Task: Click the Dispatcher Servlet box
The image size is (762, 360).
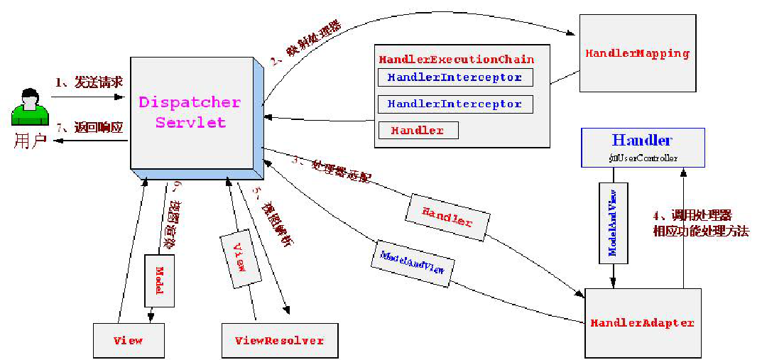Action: click(x=190, y=112)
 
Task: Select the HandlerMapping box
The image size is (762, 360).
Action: click(x=637, y=54)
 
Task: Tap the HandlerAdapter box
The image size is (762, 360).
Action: click(x=642, y=322)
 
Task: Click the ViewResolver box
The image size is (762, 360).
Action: click(x=279, y=341)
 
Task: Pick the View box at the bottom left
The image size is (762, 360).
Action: click(x=128, y=340)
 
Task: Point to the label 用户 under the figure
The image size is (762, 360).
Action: click(x=30, y=140)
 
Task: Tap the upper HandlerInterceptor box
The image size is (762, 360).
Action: click(x=455, y=77)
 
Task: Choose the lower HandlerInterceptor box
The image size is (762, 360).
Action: click(x=455, y=104)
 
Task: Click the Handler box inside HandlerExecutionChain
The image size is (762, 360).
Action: click(x=418, y=131)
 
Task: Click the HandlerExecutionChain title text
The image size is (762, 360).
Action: click(x=456, y=59)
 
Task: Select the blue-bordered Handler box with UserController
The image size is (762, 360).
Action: click(x=643, y=147)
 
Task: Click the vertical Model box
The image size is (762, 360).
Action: click(x=159, y=280)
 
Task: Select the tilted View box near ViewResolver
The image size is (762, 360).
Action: click(x=240, y=257)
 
